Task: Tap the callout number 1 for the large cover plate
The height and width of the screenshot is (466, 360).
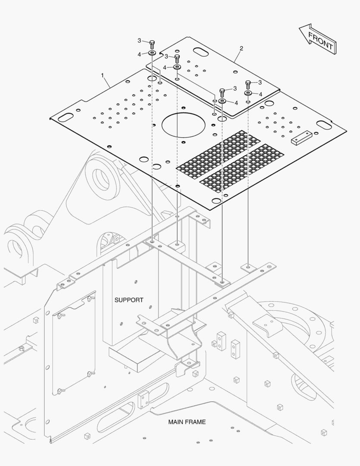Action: tap(102, 76)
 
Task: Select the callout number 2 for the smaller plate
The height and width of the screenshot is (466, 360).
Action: tap(241, 48)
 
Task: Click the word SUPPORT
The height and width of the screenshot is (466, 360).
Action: tap(128, 300)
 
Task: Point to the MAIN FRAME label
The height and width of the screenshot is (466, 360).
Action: tap(187, 422)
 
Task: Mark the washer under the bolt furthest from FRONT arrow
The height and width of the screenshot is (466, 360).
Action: tap(152, 53)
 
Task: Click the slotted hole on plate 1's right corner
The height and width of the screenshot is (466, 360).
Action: tap(324, 124)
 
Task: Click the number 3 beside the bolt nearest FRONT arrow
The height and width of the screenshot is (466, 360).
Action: tap(260, 82)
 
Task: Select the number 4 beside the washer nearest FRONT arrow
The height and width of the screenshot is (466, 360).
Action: tap(260, 94)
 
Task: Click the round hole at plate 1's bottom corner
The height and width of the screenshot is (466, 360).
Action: tap(215, 200)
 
